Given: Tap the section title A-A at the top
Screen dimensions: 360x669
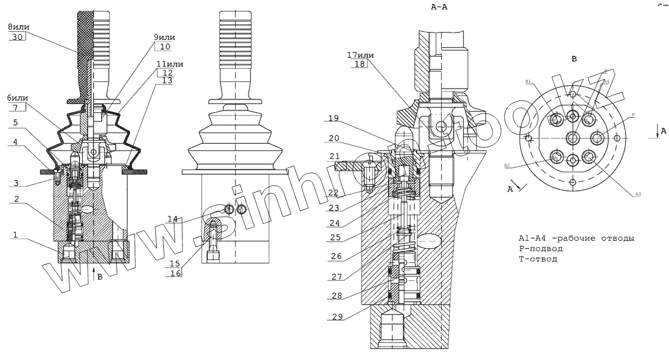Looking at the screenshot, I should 440,8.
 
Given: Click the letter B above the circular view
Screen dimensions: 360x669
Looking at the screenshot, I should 574,59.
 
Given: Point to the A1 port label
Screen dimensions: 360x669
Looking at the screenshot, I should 528,80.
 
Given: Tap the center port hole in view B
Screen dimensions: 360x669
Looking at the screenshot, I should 572,137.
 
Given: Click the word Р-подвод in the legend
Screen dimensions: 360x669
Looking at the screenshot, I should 540,249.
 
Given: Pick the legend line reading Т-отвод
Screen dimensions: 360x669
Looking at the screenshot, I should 538,259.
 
